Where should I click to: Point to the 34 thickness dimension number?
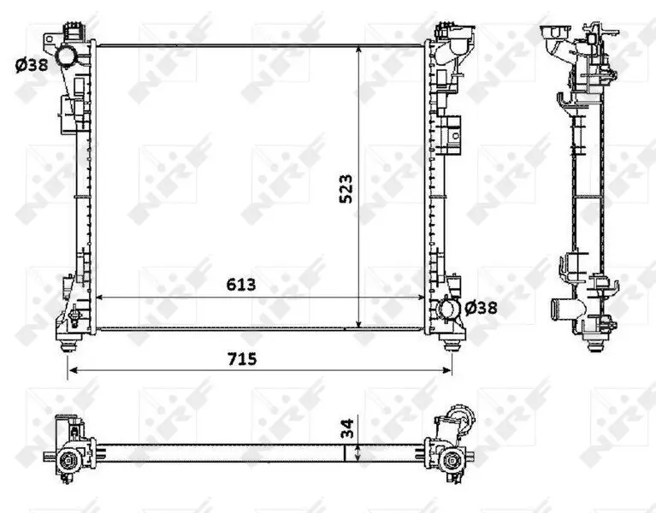click(x=345, y=428)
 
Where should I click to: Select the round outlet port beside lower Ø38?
click(x=450, y=309)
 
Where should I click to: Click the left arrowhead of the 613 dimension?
click(x=98, y=297)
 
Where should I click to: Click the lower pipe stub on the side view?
click(x=561, y=307)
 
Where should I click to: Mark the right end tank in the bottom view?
click(x=448, y=445)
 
